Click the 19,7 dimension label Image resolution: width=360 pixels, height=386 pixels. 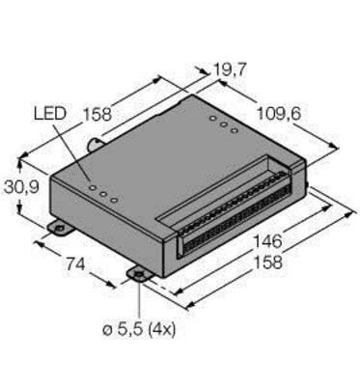click(230, 70)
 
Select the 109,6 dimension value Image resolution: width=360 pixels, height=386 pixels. click(279, 114)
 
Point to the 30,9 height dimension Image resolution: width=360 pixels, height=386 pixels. click(21, 187)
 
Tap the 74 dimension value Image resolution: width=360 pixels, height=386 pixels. click(75, 264)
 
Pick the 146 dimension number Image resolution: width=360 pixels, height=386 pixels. click(267, 241)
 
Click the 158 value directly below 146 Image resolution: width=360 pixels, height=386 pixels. click(268, 262)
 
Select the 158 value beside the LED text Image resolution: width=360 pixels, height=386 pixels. click(97, 114)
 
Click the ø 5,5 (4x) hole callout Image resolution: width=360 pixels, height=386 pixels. click(139, 330)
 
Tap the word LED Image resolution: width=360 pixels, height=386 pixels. click(50, 114)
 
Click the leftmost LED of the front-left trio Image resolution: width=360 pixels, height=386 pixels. click(93, 187)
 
